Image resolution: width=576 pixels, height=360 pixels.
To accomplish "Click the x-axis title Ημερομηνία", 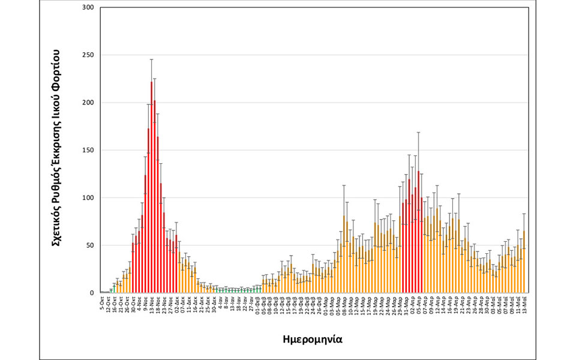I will point(312,338).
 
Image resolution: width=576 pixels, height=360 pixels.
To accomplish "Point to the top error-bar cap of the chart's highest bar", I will point(151,59).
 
